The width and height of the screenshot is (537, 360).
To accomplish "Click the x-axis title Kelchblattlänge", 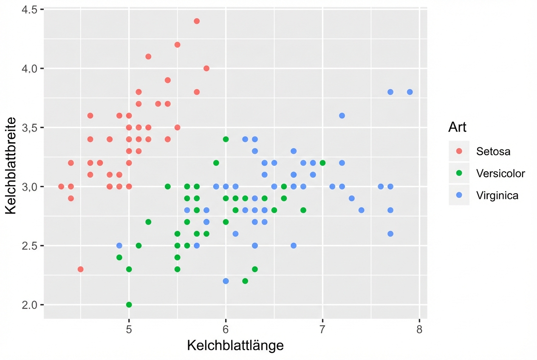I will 235,346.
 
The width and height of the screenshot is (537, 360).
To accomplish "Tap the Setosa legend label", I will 493,151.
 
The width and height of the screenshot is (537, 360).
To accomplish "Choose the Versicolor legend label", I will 500,173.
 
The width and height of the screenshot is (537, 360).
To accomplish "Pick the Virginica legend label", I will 497,195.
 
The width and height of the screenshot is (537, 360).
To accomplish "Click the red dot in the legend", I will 459,151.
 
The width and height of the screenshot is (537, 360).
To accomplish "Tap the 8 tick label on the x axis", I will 419,329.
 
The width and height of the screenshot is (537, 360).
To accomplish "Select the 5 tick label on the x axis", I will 129,329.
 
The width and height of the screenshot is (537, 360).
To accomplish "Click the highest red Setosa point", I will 197,21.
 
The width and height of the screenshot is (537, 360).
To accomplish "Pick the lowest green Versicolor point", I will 129,305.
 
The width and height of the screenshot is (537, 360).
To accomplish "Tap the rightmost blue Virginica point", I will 410,92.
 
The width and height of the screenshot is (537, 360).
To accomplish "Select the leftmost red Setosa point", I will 61,186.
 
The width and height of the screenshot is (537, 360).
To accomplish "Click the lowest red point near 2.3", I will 81,269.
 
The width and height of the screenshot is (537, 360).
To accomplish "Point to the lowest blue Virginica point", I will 226,281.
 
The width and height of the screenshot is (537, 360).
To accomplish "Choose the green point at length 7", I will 322,163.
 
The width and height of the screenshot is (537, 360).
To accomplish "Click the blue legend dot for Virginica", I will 459,195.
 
